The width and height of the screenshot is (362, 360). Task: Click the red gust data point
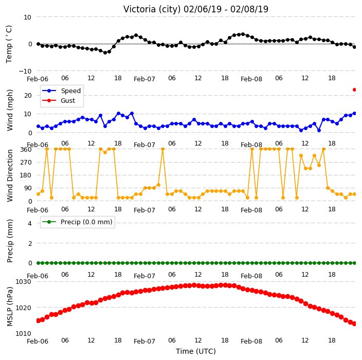pos(354,89)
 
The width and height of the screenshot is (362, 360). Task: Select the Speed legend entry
pos(61,91)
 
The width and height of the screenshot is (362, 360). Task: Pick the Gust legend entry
pos(59,100)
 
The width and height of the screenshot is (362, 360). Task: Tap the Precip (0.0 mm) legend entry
pos(77,222)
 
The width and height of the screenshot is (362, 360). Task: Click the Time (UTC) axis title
pos(196,351)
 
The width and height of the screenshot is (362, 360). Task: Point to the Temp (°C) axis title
pos(9,44)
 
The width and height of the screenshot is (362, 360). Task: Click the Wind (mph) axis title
pos(10,110)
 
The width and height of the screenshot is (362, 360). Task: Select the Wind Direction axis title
pos(10,175)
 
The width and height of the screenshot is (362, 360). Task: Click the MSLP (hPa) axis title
pos(10,307)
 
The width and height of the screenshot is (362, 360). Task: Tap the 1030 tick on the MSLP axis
pos(23,282)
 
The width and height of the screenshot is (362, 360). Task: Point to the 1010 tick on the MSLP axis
pos(23,334)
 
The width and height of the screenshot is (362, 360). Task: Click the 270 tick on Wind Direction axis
pos(26,163)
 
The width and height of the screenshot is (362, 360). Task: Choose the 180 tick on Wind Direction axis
pos(26,175)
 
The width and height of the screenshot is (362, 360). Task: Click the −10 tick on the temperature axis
pos(25,71)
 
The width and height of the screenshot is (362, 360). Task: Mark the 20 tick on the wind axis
pos(28,95)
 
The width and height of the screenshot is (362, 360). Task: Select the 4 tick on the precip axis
pos(30,223)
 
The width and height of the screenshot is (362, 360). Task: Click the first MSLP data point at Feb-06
pos(39,320)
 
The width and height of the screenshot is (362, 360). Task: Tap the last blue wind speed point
pos(354,113)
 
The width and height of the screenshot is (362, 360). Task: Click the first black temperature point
pos(39,44)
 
